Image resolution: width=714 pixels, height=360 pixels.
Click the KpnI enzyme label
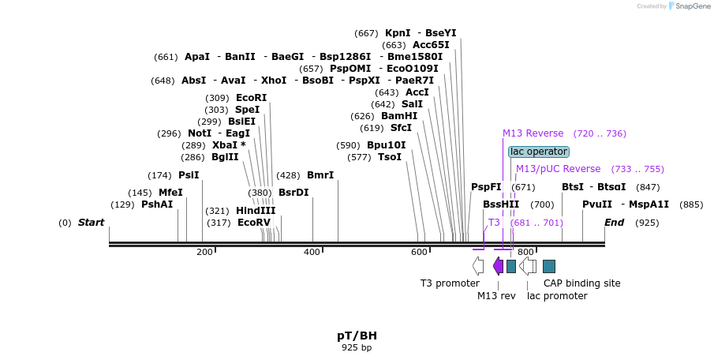coord(398,33)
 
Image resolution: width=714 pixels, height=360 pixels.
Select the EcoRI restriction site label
coord(252,98)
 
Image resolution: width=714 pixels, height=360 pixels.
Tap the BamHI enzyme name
coord(399,116)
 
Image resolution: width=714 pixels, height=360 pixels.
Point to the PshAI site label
coord(157,204)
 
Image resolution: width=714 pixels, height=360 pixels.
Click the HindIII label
coord(256,211)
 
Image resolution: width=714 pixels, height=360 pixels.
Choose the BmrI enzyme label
coord(320,175)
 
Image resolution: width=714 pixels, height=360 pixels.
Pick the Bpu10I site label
coord(386,145)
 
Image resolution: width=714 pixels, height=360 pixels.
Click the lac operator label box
coord(538,152)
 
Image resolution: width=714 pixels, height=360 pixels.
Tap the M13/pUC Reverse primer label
coord(558,169)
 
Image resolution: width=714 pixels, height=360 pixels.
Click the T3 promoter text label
coord(450,283)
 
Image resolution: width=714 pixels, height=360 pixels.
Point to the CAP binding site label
coord(582,283)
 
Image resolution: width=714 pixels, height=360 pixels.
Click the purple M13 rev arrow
coord(498,266)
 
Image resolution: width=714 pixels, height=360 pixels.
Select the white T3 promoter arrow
coord(478,266)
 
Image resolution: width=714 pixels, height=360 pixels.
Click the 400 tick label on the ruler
coord(312,253)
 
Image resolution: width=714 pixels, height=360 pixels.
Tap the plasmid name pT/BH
coord(357,336)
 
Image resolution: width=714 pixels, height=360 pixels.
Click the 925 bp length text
coord(357,347)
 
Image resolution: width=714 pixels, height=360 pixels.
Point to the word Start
coord(91,223)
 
